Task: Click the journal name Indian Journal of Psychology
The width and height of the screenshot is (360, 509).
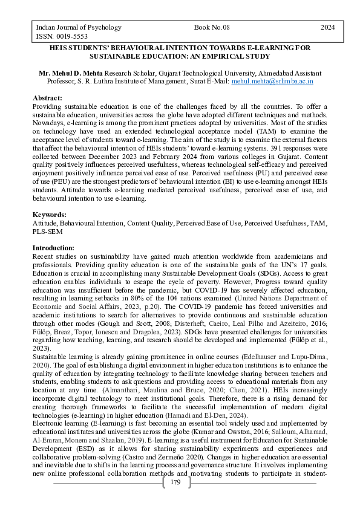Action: point(79,27)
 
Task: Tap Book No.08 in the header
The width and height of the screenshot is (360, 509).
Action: point(212,27)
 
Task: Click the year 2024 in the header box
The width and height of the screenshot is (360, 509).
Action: point(327,27)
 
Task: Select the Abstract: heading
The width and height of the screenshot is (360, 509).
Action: point(47,97)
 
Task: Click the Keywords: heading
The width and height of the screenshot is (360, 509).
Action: point(49,215)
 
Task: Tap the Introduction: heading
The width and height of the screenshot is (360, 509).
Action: point(53,248)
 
